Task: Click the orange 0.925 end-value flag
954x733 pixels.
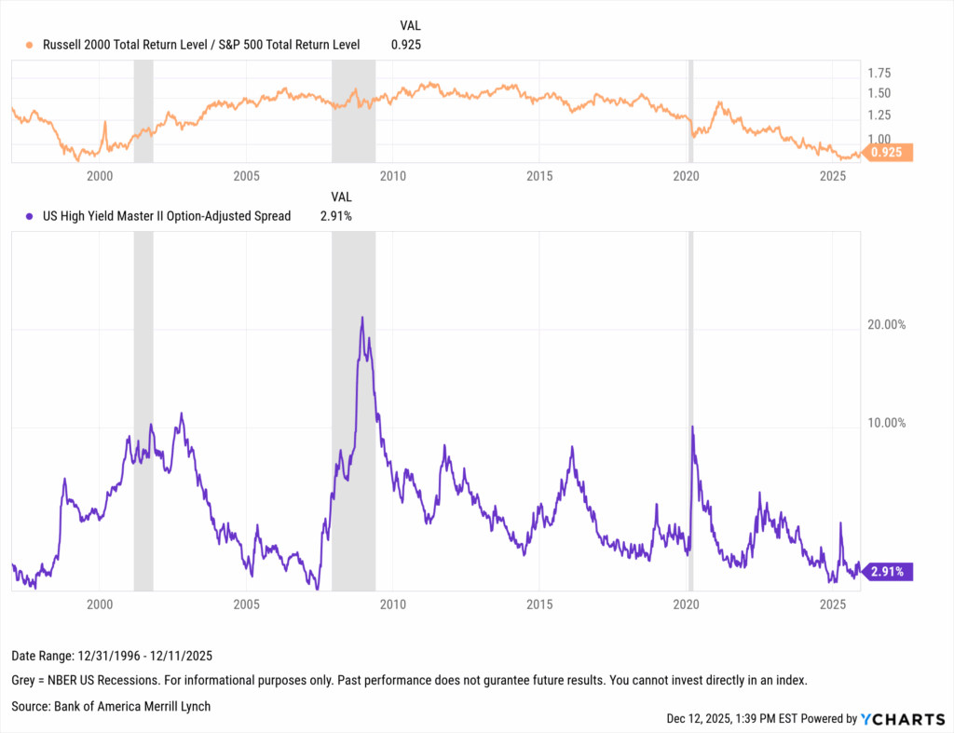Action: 888,153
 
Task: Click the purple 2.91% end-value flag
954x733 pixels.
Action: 886,572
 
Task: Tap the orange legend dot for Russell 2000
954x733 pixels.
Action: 31,44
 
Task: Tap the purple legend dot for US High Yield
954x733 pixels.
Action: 31,216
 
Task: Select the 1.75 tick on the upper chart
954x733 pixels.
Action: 879,73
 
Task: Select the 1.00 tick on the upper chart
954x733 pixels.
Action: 879,139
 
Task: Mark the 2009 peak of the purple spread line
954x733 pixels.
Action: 361,319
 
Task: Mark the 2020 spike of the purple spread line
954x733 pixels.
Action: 692,428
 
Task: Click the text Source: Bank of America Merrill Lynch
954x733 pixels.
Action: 111,706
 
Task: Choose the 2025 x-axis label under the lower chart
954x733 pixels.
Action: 832,604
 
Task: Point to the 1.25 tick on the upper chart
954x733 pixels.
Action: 879,115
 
